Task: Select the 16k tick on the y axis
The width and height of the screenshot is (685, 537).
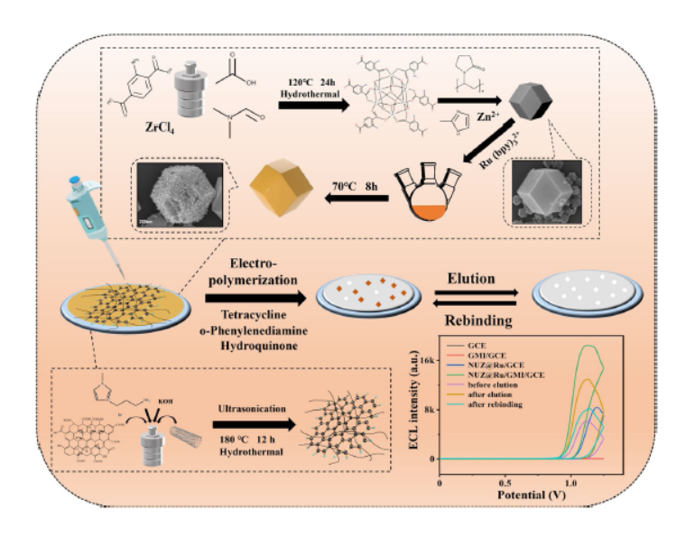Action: [x=425, y=360]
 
